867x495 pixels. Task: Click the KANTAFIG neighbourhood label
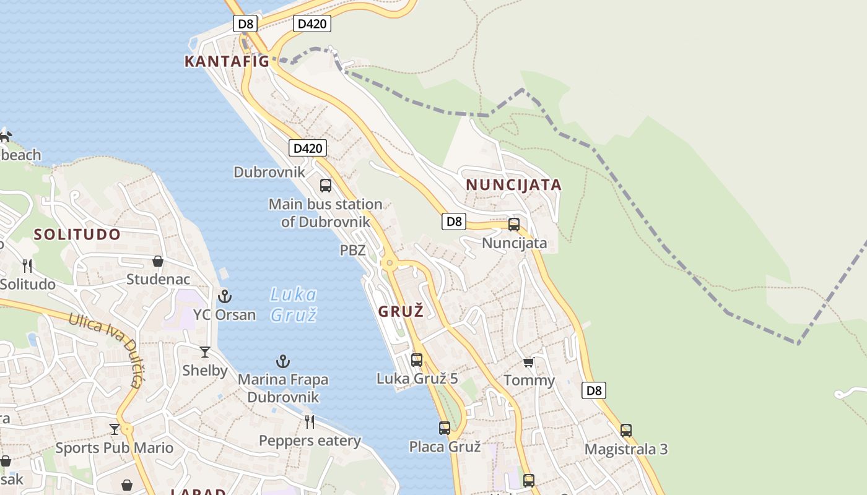[227, 61]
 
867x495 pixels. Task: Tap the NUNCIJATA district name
[513, 185]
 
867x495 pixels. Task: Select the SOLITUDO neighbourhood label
[77, 235]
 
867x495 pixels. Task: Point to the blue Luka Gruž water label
[294, 304]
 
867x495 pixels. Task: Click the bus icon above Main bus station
[325, 185]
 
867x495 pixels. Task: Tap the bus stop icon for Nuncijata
[513, 225]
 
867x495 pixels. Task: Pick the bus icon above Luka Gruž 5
[417, 359]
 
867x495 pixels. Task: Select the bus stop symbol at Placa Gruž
[445, 428]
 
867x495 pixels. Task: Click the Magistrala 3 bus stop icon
[626, 431]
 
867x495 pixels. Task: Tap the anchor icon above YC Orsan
[224, 296]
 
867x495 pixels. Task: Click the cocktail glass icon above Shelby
[205, 352]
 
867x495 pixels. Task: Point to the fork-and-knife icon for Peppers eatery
[310, 422]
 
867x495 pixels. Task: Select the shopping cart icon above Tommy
[528, 362]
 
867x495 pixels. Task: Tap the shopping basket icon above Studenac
[158, 261]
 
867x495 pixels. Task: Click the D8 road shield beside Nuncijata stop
[454, 222]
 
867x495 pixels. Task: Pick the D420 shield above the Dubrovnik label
[307, 148]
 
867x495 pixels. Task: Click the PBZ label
[352, 251]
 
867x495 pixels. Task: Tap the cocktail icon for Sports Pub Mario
[115, 429]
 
